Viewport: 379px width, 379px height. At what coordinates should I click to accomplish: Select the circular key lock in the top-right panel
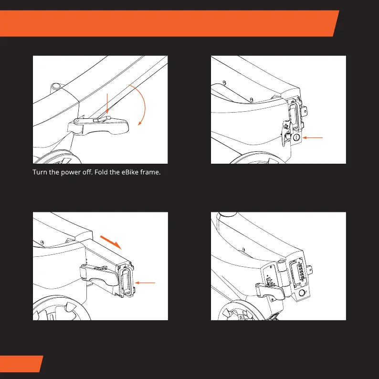295,137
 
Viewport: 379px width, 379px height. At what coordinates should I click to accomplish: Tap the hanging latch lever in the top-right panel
287,135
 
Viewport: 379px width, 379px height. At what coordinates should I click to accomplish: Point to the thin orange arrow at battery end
146,283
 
